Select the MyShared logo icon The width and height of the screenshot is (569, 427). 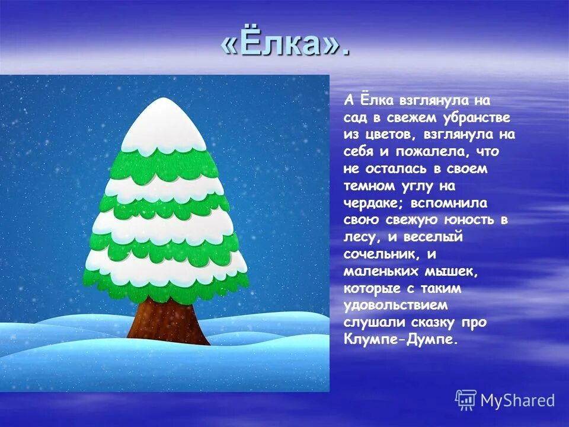coord(466,400)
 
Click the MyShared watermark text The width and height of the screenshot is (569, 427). coord(517,401)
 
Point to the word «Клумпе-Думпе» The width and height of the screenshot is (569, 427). coord(401,340)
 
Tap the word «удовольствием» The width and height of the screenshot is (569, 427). coord(395,306)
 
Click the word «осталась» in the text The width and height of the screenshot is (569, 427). coord(394,169)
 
